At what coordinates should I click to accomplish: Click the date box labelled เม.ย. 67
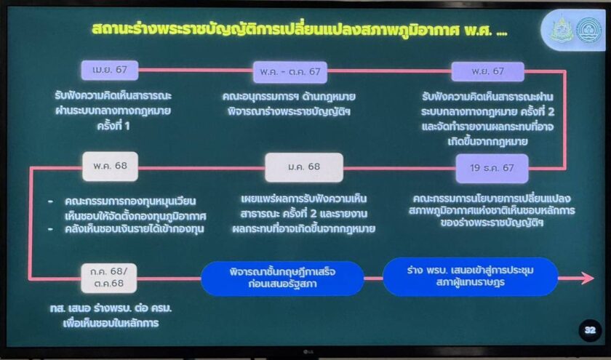(110, 70)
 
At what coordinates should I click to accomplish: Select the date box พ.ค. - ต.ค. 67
(290, 72)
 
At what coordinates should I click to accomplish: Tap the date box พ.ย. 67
(487, 72)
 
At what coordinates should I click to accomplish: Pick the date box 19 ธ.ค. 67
(492, 168)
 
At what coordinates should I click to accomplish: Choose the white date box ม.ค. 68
(304, 167)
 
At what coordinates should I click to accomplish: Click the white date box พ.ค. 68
(111, 167)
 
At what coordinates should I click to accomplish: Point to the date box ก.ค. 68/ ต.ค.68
(108, 278)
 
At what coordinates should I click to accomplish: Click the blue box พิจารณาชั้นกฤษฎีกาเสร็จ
(282, 278)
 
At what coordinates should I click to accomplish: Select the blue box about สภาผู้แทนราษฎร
(471, 276)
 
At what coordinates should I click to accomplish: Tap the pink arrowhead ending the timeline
(588, 278)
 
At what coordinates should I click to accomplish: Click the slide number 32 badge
(590, 330)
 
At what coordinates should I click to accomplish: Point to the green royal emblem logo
(561, 30)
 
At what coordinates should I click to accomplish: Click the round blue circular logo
(588, 30)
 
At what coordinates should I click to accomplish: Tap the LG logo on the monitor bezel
(308, 353)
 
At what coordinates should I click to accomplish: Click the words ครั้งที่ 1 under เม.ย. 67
(113, 127)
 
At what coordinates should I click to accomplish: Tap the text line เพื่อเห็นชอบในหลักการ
(111, 324)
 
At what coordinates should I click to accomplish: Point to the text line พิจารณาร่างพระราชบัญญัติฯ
(289, 112)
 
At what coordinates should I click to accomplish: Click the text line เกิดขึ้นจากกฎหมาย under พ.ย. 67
(488, 141)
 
